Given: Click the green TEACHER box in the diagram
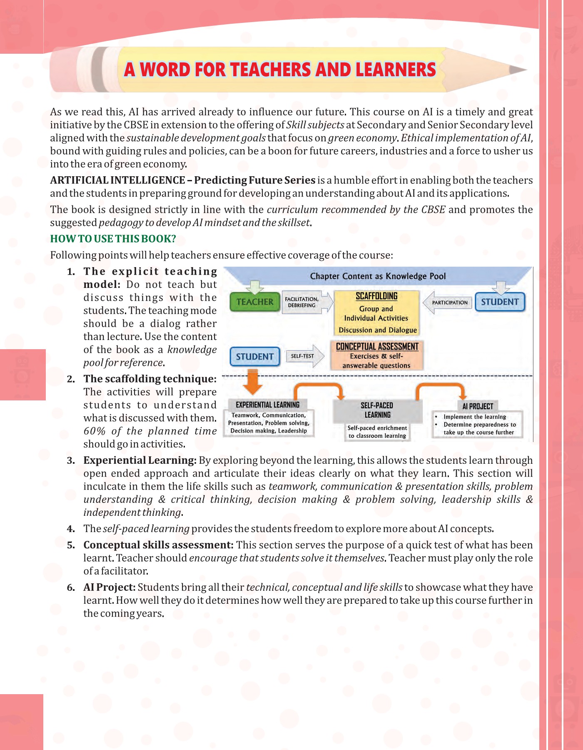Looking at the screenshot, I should pos(255,302).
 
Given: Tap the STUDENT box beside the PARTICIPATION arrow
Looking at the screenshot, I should pos(500,302).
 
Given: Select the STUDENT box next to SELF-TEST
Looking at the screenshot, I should pos(254,357).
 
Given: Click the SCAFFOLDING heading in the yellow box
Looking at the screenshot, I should pos(376,296).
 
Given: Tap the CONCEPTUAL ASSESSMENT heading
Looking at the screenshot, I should pos(377,347).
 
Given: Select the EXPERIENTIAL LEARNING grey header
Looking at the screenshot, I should pos(267,405).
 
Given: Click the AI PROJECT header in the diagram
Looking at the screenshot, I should pos(477,406).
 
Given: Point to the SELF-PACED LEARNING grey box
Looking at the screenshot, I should pos(377,410).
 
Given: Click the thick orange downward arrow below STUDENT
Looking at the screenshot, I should pos(252,382).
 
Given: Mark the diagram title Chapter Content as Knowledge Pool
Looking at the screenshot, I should pos(378,276).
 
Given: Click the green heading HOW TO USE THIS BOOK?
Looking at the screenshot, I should pos(113,239).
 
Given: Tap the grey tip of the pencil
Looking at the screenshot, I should pos(518,70).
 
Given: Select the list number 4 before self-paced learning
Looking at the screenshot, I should pos(71,529).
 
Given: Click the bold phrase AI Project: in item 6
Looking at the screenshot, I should pos(110,587).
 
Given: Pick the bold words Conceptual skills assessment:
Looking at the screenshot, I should pos(158,545).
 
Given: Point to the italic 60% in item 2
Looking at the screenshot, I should pos(95,431).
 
